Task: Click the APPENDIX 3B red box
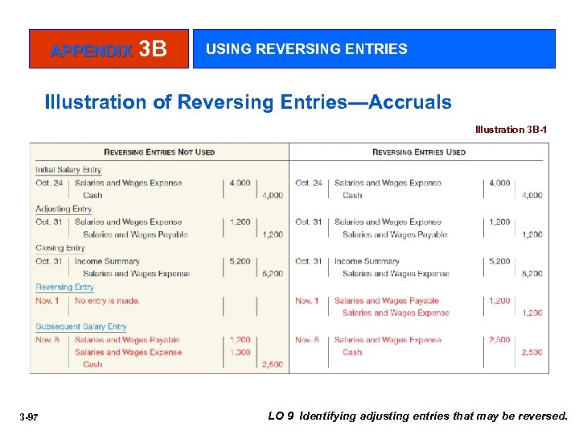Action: coord(109,49)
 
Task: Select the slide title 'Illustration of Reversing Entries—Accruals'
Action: coord(248,102)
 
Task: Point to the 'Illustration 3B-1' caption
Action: coord(511,130)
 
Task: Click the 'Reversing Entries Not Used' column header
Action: coord(159,151)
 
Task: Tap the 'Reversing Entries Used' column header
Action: coord(418,151)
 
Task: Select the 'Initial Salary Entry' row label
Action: coord(68,170)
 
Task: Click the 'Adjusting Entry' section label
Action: coord(64,209)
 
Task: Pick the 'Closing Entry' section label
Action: coord(60,248)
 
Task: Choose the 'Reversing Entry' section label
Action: coord(64,287)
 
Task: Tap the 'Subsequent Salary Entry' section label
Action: coord(80,326)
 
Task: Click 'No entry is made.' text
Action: coord(107,300)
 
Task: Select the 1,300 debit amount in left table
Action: coord(240,352)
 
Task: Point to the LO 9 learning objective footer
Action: coord(417,416)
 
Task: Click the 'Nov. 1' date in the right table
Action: coord(307,300)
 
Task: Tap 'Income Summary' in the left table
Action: coord(107,261)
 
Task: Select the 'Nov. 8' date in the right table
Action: coord(307,340)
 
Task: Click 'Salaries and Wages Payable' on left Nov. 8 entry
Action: coord(127,340)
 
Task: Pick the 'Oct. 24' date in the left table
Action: coord(49,183)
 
